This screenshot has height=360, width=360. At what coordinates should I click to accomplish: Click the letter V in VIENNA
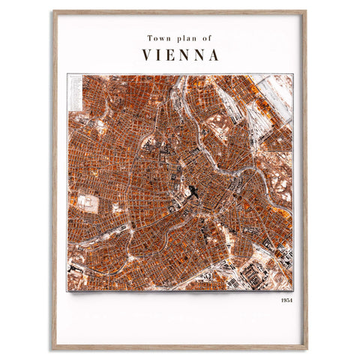[146, 55]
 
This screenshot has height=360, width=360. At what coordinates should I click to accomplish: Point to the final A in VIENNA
[214, 55]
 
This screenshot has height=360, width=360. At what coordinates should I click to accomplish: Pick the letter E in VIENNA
[172, 55]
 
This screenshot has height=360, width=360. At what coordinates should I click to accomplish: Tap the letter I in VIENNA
[159, 55]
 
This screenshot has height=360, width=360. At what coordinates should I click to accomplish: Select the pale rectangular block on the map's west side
[88, 204]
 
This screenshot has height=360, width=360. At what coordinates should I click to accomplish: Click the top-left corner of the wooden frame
[53, 11]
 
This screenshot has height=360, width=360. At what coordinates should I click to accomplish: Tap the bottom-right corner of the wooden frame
[306, 349]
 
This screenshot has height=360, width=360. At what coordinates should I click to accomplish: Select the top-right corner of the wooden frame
[306, 11]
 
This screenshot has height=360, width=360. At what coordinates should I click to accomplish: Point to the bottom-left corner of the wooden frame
[53, 349]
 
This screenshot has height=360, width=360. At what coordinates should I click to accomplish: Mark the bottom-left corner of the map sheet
[67, 289]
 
